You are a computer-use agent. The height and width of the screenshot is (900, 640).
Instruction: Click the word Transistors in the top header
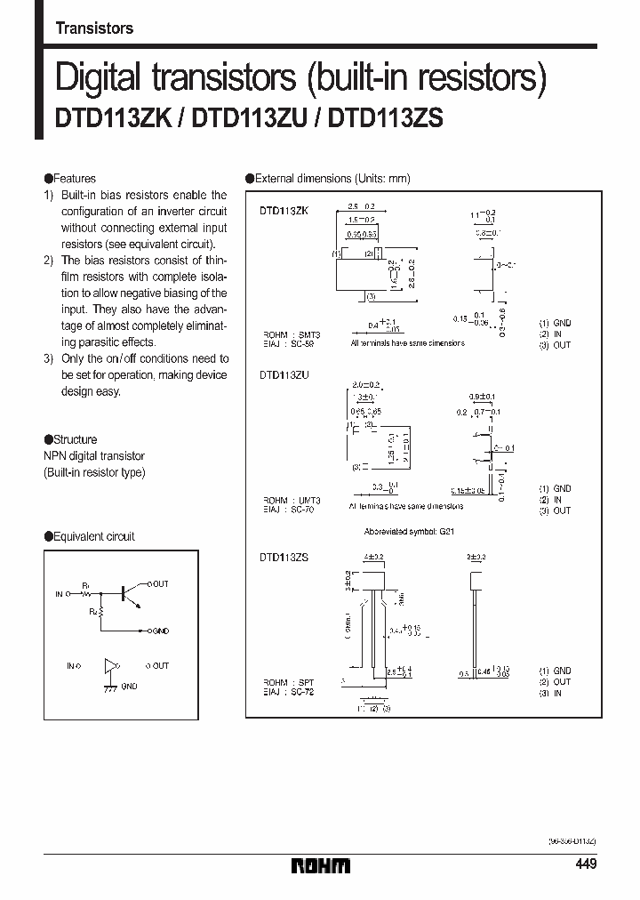(94, 28)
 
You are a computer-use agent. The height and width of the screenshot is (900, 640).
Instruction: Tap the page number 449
(586, 864)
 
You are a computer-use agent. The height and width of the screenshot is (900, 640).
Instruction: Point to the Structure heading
(75, 439)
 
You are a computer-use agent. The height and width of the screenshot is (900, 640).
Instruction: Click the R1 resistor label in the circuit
(86, 584)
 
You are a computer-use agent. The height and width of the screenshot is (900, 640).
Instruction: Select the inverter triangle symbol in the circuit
(110, 665)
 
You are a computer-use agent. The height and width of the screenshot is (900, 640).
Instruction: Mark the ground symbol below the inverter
(110, 687)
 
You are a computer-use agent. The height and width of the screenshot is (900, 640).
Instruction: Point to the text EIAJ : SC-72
(288, 690)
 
